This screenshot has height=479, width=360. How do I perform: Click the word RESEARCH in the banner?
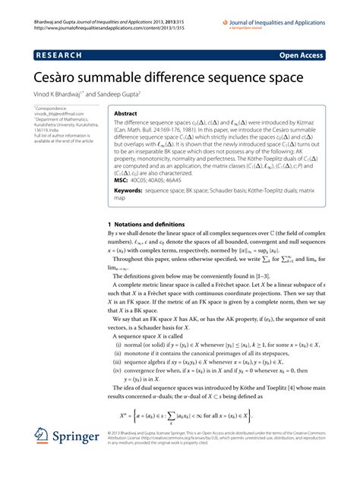(x=56, y=55)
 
